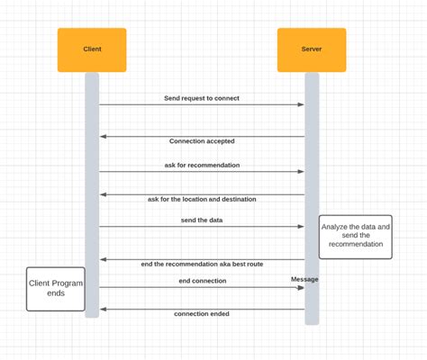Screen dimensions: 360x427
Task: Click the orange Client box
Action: click(x=92, y=49)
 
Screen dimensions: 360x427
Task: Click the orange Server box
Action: click(x=312, y=49)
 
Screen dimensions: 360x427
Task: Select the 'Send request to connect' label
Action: click(x=202, y=98)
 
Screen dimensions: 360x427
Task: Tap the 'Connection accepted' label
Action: click(x=202, y=141)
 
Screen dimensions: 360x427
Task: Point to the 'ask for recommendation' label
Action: click(x=202, y=166)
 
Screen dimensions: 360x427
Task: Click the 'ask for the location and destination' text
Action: click(x=202, y=199)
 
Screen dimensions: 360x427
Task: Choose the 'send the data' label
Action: click(x=202, y=220)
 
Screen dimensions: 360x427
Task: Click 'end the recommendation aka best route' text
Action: click(x=202, y=265)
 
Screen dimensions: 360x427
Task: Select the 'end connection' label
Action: click(x=202, y=281)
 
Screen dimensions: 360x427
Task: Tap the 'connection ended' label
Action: click(x=202, y=314)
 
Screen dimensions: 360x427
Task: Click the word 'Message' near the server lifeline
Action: click(x=304, y=279)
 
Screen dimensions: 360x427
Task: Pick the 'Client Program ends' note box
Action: click(x=56, y=289)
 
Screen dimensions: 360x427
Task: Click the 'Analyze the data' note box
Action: click(x=355, y=236)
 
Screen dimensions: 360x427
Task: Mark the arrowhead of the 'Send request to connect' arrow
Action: click(x=301, y=104)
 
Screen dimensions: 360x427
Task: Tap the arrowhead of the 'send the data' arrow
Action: click(x=301, y=227)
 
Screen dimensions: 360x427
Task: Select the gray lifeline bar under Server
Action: click(x=312, y=180)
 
